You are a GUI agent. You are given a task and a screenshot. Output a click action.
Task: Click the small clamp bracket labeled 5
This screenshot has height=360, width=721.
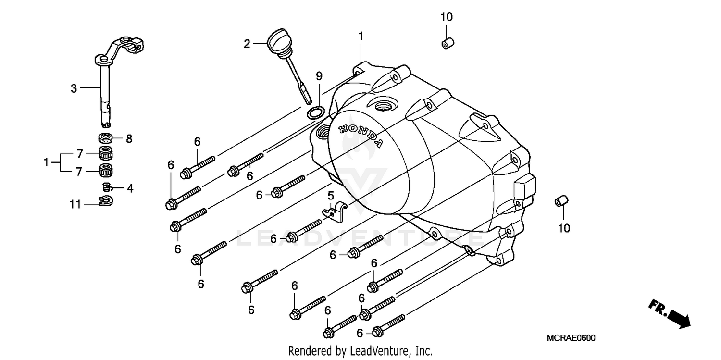pos(336,211)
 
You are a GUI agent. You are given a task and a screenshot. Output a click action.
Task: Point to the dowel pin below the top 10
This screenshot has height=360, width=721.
pos(447,42)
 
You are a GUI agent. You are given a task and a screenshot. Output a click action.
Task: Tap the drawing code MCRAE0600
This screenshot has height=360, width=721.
pos(571,338)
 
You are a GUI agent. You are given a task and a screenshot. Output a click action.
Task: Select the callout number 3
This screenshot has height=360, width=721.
pos(74,88)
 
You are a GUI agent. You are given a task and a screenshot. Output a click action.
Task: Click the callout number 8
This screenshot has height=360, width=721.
pos(129,139)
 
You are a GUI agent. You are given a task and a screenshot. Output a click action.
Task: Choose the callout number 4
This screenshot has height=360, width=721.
pos(130,188)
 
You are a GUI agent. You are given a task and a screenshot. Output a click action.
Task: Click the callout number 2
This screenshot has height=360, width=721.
pos(247,44)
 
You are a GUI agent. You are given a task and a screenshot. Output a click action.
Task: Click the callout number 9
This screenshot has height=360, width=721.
pos(319,76)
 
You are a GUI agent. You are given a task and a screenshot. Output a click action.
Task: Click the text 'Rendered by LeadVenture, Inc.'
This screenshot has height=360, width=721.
pos(360,351)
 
